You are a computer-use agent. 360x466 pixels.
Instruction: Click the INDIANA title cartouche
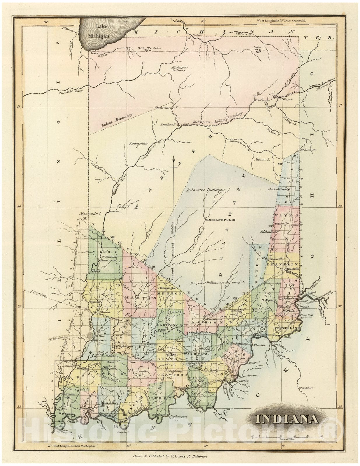(x=287, y=419)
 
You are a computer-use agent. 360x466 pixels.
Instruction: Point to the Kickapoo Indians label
(x=179, y=69)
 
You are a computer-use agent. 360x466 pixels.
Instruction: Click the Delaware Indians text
(x=204, y=190)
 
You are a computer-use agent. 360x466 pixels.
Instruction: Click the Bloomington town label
(x=169, y=288)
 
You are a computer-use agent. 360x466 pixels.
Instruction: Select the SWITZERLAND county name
(x=287, y=329)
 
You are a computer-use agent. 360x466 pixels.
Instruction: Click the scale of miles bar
(x=286, y=436)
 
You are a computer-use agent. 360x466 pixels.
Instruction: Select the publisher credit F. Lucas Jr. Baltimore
(x=170, y=456)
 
